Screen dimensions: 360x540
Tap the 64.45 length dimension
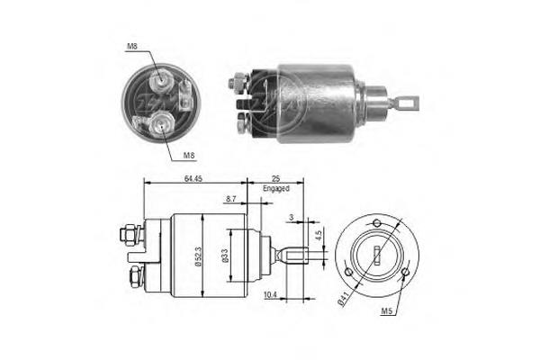[x=193, y=180]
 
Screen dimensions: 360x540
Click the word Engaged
[x=275, y=191]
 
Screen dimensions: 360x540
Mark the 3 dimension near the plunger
[x=291, y=219]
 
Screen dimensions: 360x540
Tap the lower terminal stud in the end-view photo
[x=162, y=124]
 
